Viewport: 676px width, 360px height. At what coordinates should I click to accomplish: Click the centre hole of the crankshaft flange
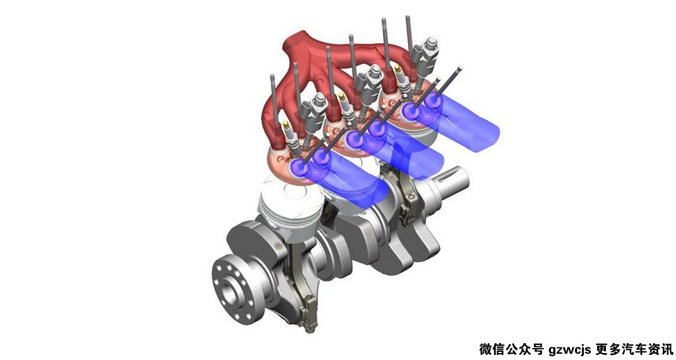click(x=230, y=290)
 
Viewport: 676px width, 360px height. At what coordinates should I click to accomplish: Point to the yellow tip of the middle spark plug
click(x=342, y=96)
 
